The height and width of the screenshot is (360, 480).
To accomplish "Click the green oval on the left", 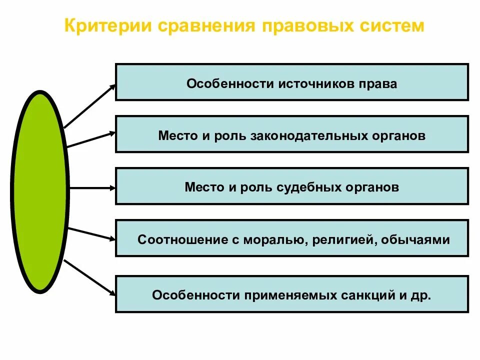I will point(39,192).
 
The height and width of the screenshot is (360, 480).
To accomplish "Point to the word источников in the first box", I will point(313,83).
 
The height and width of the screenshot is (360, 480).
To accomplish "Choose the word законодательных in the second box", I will point(302,135).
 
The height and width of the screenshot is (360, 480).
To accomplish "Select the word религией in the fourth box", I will point(343,239).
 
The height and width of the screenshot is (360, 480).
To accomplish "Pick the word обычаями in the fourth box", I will point(415,239).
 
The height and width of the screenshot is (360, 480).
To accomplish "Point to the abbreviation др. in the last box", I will point(420,295).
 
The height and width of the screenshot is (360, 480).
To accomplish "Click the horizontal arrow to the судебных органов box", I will point(92,188).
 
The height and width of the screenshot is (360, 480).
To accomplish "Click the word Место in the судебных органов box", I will point(203,187).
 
